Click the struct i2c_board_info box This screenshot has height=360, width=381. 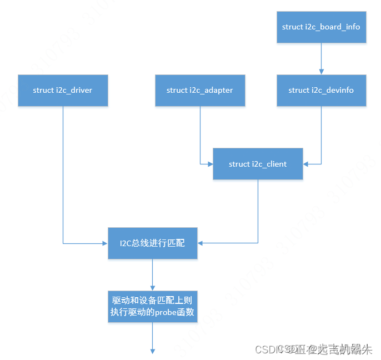321,26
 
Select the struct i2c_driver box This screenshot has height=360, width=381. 62,90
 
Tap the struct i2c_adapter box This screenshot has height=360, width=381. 199,90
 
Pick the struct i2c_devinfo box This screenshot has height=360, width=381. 321,90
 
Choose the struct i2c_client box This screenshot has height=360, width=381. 258,164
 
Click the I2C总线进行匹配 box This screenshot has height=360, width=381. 152,243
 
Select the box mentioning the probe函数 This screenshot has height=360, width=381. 152,306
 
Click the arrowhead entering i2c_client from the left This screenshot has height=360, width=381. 210,164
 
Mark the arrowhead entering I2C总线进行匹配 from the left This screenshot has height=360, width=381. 104,243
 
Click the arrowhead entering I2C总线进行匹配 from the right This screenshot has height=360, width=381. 200,243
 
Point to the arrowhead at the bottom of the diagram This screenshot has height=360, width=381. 152,351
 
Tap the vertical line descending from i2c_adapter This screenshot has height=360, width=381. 200,133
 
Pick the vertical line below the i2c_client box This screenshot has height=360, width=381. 258,211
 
